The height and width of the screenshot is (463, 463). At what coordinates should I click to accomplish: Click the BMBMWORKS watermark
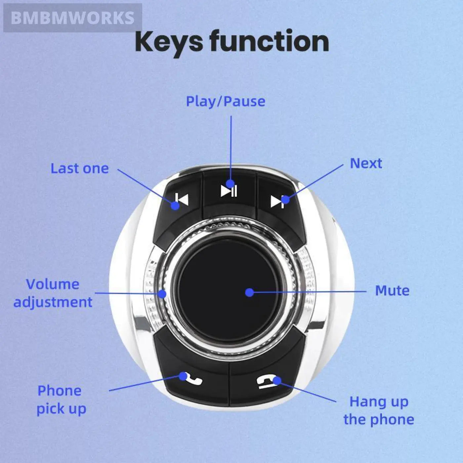point(72,18)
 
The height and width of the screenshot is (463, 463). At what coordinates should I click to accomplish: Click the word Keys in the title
point(169,42)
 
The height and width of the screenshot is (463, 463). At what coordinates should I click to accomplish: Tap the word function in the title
point(269,42)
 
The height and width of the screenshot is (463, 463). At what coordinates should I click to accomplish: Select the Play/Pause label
point(226,102)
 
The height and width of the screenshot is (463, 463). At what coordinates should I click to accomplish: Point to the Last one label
point(79,169)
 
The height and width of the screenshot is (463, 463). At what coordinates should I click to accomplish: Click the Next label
point(366,163)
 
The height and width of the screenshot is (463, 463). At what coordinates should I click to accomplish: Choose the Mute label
point(392,291)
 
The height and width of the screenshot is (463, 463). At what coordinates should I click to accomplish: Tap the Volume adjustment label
point(53,293)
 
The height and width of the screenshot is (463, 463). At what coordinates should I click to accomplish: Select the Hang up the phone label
point(379,410)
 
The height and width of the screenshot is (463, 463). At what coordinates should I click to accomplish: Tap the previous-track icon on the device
point(182,200)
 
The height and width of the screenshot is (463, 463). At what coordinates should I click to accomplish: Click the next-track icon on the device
point(277,201)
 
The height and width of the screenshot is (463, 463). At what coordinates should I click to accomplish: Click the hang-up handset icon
point(265,382)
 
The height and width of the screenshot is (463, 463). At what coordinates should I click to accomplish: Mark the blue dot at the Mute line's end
point(250,292)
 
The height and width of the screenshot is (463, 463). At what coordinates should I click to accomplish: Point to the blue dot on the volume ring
point(162,293)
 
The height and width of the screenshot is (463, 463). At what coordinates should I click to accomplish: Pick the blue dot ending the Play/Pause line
point(231,184)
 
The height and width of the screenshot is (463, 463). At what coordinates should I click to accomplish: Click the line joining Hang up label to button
point(308,392)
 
